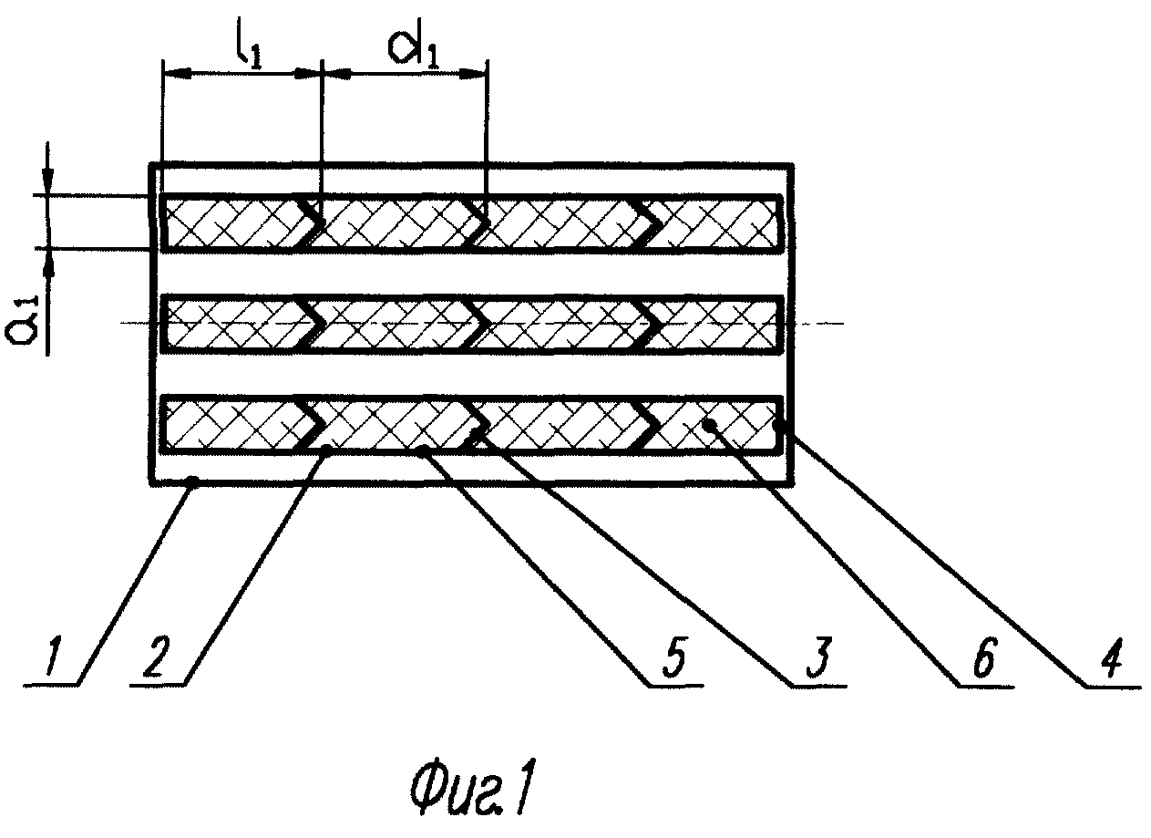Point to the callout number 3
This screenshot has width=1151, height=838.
[818, 657]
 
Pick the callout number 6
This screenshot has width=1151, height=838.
[984, 657]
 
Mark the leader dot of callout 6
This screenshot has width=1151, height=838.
[710, 424]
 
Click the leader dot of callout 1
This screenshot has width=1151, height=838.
[193, 481]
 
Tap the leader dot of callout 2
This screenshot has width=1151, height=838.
[327, 451]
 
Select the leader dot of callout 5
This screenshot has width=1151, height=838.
[423, 451]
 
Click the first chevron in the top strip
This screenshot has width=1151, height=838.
[311, 223]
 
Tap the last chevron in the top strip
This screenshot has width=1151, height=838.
[649, 223]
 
